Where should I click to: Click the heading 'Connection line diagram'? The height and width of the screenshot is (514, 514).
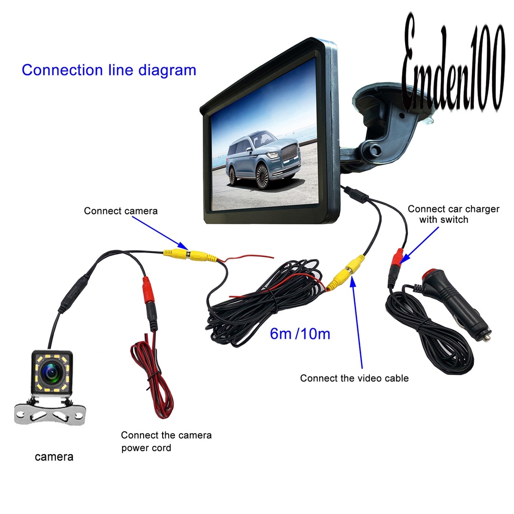tap(108, 70)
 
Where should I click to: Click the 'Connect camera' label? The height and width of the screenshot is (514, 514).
tap(120, 211)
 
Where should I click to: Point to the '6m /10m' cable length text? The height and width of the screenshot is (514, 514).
tap(300, 333)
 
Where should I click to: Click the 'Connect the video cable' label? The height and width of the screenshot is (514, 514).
tap(354, 378)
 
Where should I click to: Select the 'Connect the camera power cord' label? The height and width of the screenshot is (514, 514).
tap(166, 441)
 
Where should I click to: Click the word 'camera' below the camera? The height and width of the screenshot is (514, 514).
tap(54, 457)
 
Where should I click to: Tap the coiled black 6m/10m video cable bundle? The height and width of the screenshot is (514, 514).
tap(261, 306)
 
